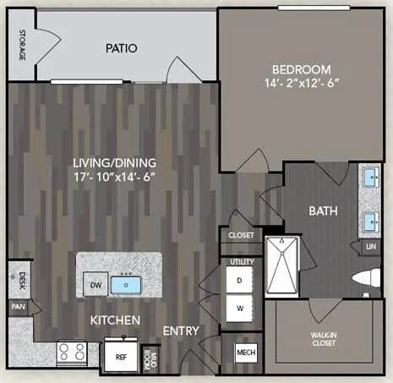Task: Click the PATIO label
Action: [x=122, y=48]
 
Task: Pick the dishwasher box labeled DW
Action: [x=97, y=286]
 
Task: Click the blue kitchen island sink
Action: [x=128, y=285]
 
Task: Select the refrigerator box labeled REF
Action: [x=120, y=357]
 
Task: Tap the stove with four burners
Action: [x=71, y=351]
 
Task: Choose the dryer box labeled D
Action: [x=239, y=280]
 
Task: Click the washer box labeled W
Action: [x=239, y=309]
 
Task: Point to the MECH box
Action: [x=246, y=352]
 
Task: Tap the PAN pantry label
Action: [x=18, y=307]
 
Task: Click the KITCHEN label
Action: [x=115, y=320]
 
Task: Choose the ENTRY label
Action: [x=180, y=330]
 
